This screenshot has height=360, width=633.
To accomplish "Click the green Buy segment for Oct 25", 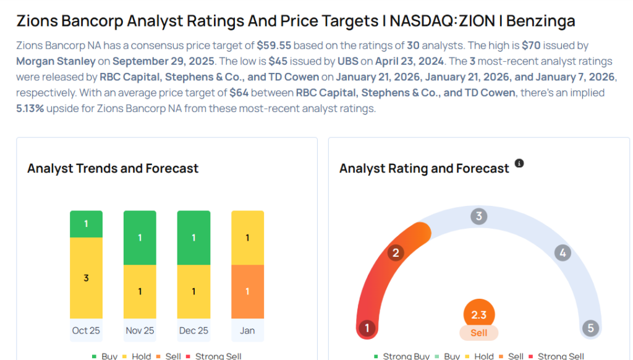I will (86, 224).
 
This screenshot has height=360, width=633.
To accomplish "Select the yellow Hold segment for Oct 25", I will (86, 278).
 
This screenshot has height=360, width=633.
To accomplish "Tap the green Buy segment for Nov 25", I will (140, 238).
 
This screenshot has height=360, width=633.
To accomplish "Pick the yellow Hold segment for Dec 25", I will (193, 291).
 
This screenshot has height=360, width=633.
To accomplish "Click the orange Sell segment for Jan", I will (247, 291).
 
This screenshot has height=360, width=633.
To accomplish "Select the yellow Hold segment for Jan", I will (247, 238).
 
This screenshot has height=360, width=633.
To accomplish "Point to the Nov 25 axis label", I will (140, 330).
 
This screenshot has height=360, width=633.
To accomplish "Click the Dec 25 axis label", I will (193, 330).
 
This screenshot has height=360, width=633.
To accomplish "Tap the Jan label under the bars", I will (247, 330).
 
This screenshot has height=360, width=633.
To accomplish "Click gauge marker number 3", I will (478, 216).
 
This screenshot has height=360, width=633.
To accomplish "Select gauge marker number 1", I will (367, 328).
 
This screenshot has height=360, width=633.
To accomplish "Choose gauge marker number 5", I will (590, 328).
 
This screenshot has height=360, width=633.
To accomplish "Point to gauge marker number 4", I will (562, 252).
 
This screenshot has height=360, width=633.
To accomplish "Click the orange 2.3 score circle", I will (478, 314).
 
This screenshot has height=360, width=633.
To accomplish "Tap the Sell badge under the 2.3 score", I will (478, 333).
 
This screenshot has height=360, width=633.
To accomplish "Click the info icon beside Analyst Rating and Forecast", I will (519, 163).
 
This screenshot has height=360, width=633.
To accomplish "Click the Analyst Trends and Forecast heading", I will (113, 168).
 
